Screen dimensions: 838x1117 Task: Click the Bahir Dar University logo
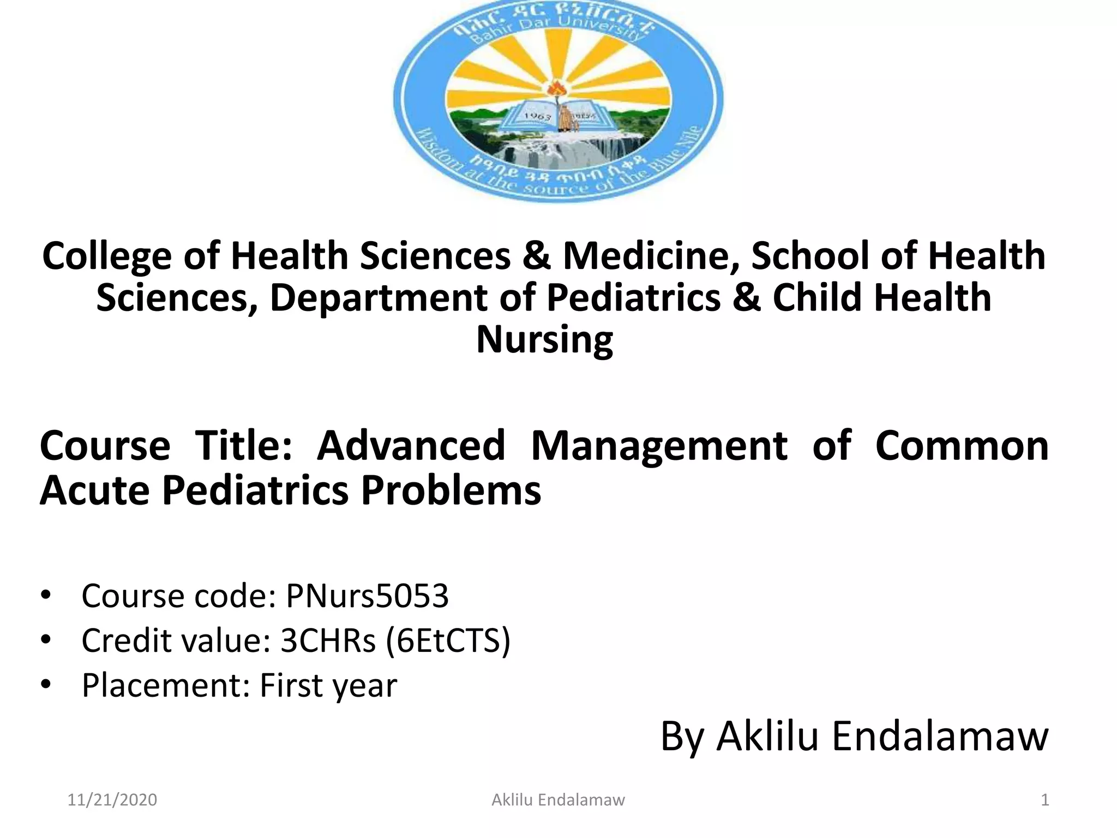(558, 101)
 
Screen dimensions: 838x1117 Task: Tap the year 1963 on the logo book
(537, 116)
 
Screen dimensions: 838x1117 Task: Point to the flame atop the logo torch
(557, 87)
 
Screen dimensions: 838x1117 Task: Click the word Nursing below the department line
(544, 339)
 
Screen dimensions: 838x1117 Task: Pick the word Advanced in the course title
(411, 446)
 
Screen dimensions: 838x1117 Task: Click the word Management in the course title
(659, 446)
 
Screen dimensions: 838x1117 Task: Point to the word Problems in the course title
(451, 490)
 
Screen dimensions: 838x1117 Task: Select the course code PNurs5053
(367, 595)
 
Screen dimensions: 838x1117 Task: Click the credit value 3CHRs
(328, 641)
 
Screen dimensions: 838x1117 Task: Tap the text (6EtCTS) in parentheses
(448, 641)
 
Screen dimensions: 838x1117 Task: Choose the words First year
(328, 685)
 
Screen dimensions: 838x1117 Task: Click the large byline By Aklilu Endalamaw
(854, 736)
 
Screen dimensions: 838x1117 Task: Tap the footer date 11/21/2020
(112, 800)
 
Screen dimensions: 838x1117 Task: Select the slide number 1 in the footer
(1045, 800)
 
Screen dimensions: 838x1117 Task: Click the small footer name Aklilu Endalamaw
(558, 800)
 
